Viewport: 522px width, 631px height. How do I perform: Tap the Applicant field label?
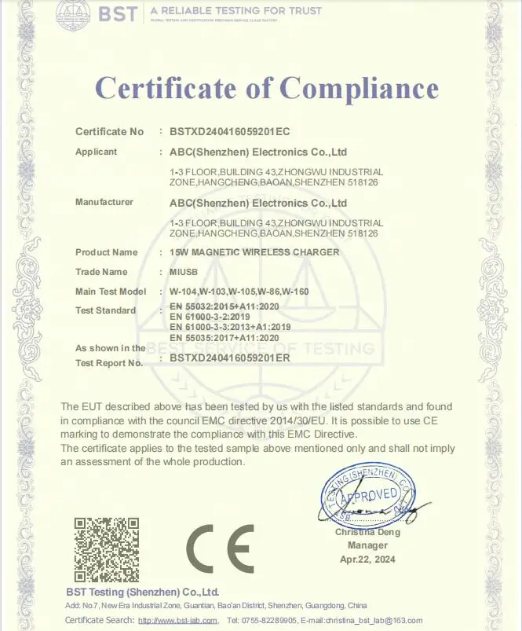coord(96,152)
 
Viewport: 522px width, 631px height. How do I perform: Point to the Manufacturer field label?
coord(104,202)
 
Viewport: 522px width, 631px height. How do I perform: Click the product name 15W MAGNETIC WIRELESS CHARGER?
coord(254,252)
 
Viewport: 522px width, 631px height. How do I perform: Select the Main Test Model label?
coord(111,292)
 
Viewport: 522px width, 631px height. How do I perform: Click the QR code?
coord(106,549)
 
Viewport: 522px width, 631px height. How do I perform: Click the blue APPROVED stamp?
coord(369,496)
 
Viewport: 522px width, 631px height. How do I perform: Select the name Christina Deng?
coord(367,532)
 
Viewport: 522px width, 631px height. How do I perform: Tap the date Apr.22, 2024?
coord(368,559)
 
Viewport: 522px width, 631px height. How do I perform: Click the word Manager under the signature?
coord(367,545)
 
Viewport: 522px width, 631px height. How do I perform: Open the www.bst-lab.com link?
coord(177,621)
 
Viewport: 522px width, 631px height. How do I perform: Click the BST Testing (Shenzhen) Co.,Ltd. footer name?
coord(142,592)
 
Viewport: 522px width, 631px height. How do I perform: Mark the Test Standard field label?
coord(105,310)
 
